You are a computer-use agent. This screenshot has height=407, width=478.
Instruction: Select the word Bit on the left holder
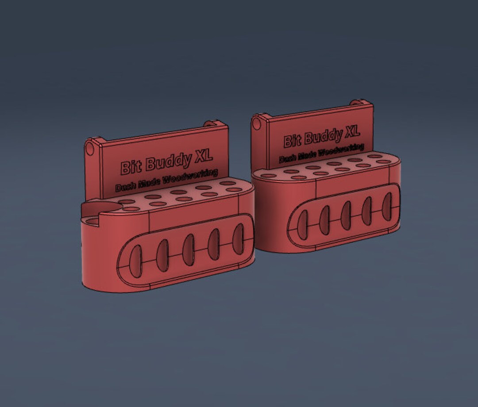[x=131, y=168]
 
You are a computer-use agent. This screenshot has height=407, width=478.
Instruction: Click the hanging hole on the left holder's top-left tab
[x=90, y=147]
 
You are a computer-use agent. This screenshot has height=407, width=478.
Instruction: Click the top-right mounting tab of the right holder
[x=361, y=103]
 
